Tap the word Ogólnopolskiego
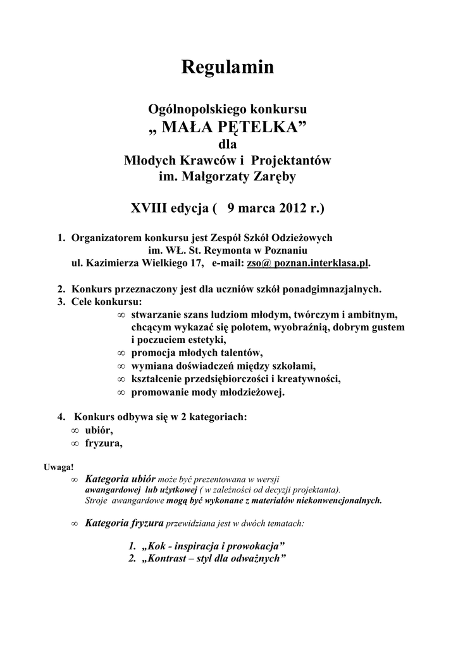tap(192, 109)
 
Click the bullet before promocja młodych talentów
tap(121, 352)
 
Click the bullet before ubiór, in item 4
tap(75, 430)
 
